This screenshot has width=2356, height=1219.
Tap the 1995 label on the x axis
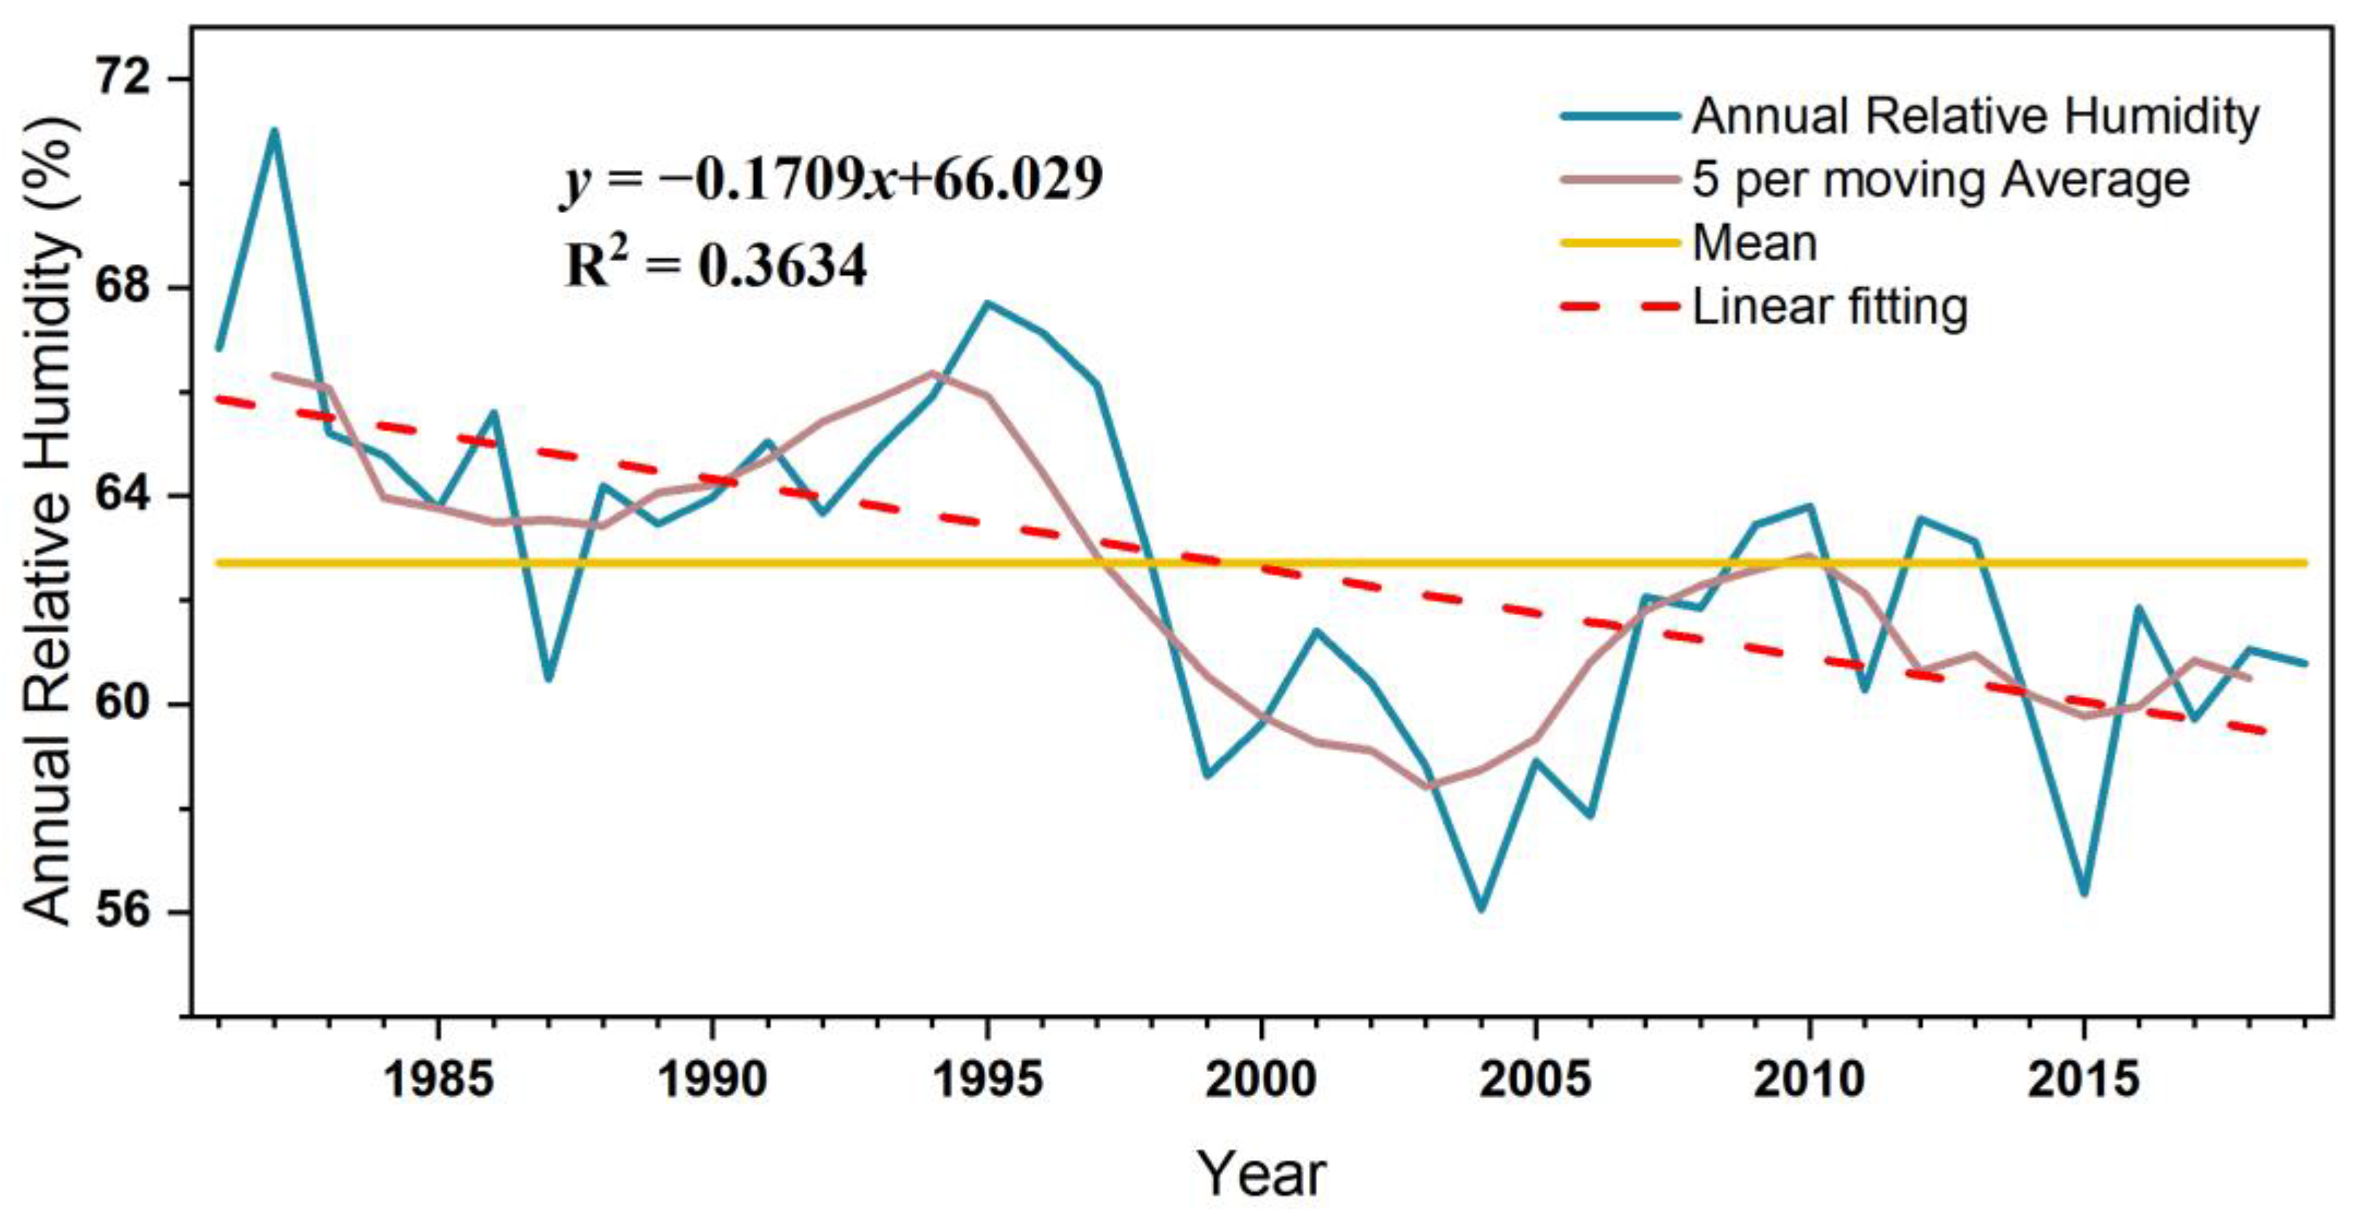[987, 1080]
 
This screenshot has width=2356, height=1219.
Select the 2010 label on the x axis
[1808, 1080]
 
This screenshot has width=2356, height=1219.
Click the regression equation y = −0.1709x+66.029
[833, 179]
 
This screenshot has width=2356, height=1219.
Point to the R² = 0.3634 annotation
[716, 266]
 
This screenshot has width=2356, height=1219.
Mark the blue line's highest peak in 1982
[273, 131]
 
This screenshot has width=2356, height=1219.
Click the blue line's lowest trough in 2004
[1480, 910]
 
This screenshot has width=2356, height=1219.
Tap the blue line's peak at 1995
[987, 303]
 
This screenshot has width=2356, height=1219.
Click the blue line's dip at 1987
[548, 679]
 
